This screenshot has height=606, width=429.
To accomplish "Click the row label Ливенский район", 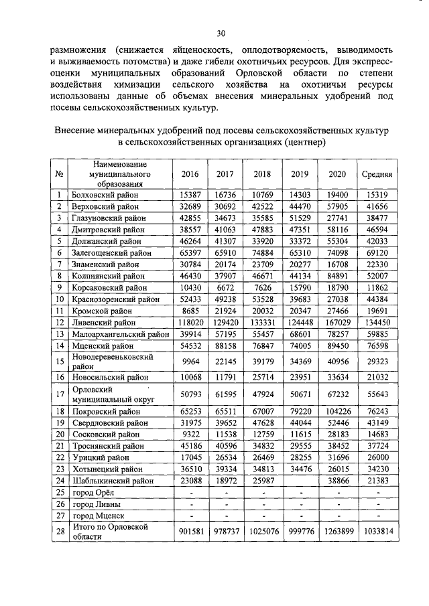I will (x=100, y=323).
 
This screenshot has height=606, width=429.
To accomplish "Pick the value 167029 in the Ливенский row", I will (x=338, y=323).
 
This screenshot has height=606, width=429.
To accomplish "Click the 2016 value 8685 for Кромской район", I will (x=186, y=311).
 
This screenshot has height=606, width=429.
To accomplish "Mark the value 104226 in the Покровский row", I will (x=338, y=411).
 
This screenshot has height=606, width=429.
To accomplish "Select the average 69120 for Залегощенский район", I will (x=377, y=252).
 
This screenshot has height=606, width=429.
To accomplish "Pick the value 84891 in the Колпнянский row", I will (x=338, y=276).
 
